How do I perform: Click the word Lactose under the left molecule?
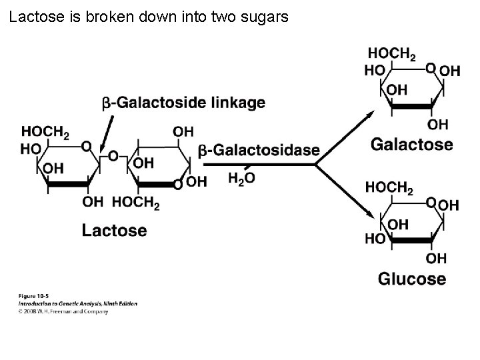(x=114, y=231)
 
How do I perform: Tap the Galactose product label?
(x=411, y=144)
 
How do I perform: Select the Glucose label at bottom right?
(x=411, y=278)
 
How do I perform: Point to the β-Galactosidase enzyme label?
(x=259, y=151)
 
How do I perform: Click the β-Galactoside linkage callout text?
(x=183, y=103)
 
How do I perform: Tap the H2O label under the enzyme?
(x=241, y=178)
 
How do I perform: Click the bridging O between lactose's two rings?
(x=113, y=156)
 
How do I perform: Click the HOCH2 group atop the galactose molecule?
(x=391, y=54)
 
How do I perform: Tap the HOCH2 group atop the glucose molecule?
(x=389, y=188)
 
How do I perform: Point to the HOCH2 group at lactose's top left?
(x=45, y=133)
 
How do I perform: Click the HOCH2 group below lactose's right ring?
(x=136, y=203)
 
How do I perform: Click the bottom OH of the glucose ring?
(x=437, y=258)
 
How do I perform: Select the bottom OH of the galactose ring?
(x=438, y=125)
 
